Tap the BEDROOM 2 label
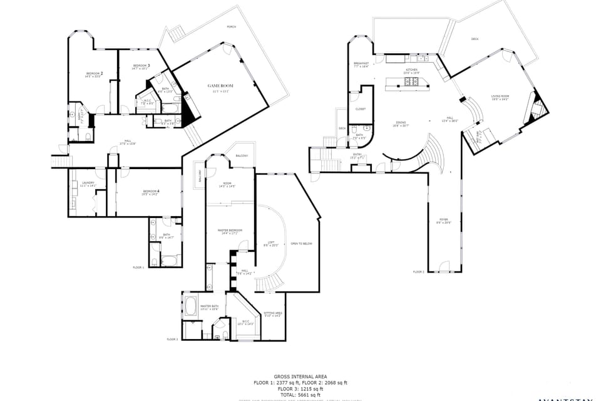[x=95, y=73]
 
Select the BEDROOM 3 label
[x=141, y=66]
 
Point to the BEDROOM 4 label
[x=150, y=191]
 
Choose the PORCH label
[x=232, y=28]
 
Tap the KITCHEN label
[x=411, y=70]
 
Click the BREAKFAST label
[x=361, y=63]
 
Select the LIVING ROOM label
[x=500, y=96]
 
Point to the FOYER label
[x=444, y=220]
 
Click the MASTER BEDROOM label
[x=230, y=231]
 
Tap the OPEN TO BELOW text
[x=301, y=244]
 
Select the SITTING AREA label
[x=273, y=313]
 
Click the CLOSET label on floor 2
[x=360, y=109]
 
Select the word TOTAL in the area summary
[x=287, y=395]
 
